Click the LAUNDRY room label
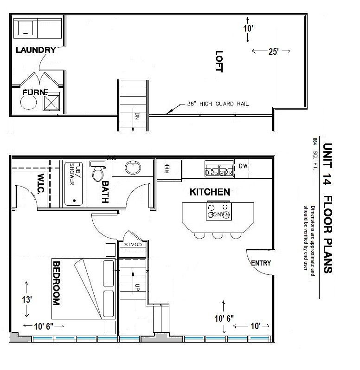[36, 50]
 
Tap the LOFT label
[219, 61]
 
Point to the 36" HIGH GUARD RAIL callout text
[218, 104]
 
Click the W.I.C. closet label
[40, 184]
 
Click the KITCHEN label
[210, 192]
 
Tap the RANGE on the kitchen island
[219, 214]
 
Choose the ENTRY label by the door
[261, 263]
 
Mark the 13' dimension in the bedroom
[27, 300]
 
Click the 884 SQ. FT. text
[315, 153]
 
